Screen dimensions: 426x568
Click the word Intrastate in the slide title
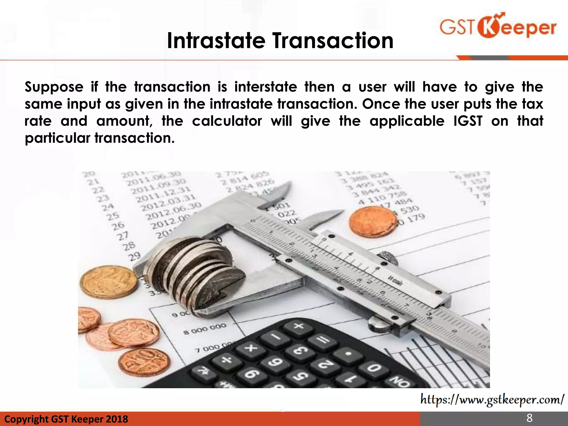pos(216,41)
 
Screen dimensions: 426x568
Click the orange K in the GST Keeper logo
pos(490,27)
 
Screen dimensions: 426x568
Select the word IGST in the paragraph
pos(468,121)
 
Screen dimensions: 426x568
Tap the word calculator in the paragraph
pos(227,121)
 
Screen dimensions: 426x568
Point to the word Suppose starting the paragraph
pos(54,87)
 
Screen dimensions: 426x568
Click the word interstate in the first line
pos(265,87)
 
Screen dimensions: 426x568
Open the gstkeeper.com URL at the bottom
pos(492,400)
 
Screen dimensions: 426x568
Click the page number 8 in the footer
pos(529,418)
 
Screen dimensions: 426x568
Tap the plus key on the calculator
pos(299,326)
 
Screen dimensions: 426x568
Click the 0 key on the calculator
pos(374,369)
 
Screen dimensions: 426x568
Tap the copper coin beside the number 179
pos(372,222)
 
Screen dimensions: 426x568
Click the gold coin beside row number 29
pos(108,282)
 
